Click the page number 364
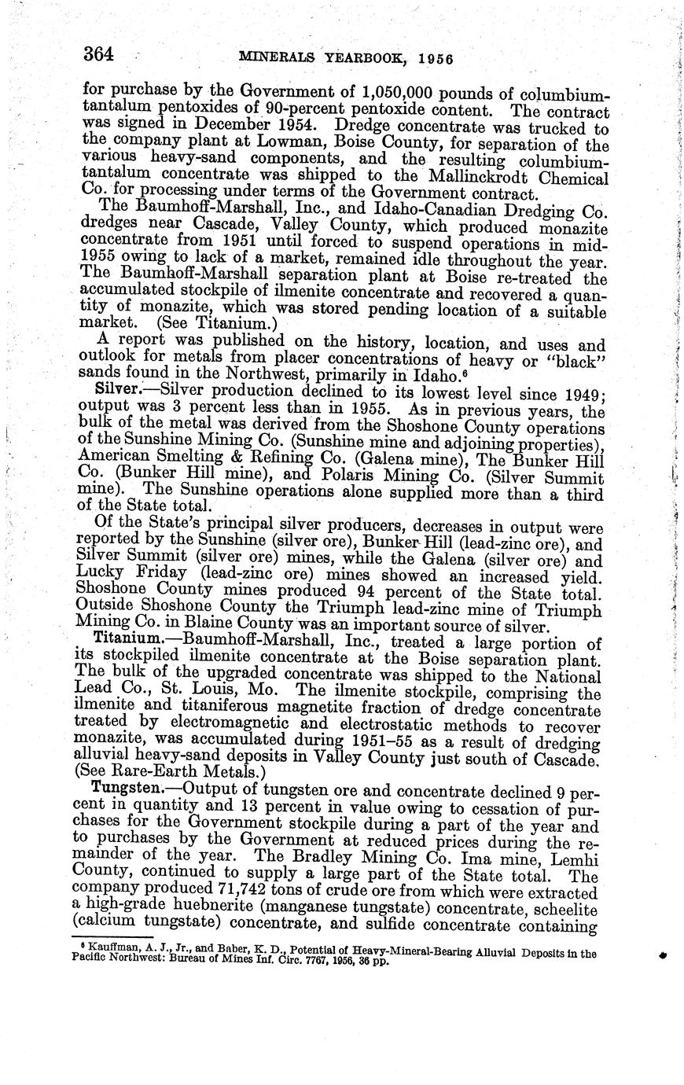[98, 54]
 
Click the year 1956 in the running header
[436, 59]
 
